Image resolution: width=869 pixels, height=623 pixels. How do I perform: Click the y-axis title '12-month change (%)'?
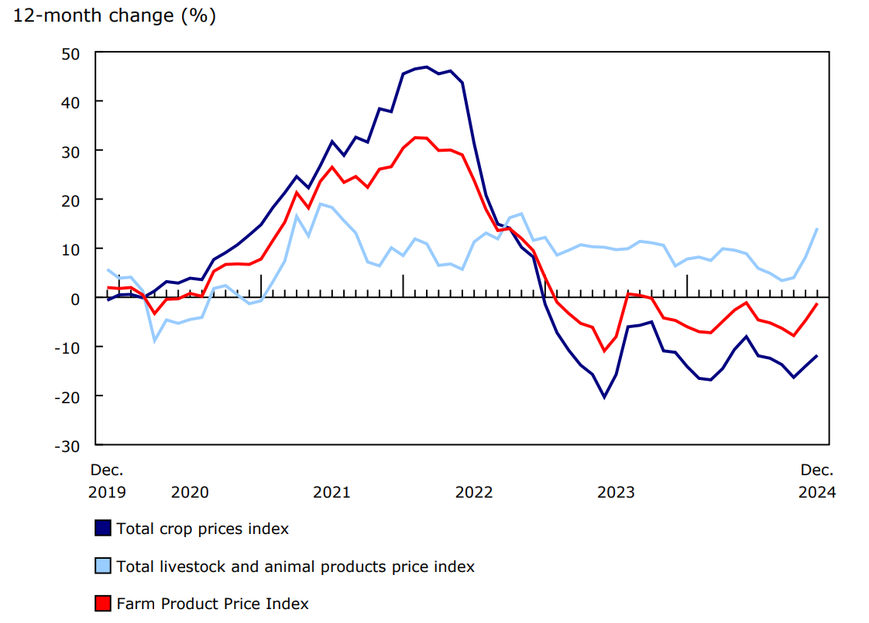click(x=115, y=16)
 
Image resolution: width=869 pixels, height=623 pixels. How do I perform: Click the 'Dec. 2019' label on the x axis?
click(x=107, y=481)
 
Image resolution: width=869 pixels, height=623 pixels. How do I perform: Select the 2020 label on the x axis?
click(x=190, y=492)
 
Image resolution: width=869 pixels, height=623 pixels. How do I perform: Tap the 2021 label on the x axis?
click(x=331, y=492)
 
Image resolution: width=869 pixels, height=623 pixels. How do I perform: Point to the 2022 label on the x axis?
click(x=474, y=492)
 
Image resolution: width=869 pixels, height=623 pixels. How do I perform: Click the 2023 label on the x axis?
click(x=616, y=492)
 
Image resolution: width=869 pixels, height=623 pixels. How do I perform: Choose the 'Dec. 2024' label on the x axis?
click(x=817, y=481)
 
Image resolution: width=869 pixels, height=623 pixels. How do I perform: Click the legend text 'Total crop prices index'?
click(x=203, y=529)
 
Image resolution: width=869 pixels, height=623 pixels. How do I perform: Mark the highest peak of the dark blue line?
click(x=427, y=67)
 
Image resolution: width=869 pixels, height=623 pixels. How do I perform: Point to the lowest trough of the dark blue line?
click(x=604, y=397)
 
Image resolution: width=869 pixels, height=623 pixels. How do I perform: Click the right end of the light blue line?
click(x=817, y=228)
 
